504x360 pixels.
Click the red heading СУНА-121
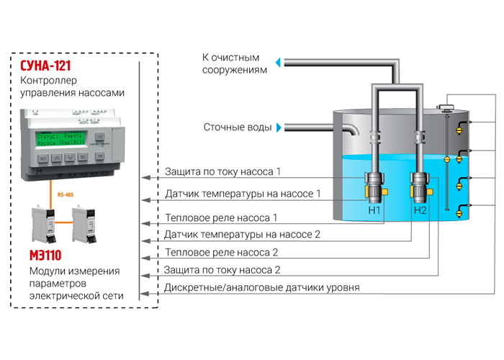point(50,66)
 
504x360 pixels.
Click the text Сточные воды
point(238,128)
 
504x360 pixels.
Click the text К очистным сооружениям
point(235,63)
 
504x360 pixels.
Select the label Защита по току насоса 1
point(222,172)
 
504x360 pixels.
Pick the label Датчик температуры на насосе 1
point(243,194)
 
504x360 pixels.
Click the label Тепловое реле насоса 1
point(221,217)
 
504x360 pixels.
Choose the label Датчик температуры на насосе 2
point(243,234)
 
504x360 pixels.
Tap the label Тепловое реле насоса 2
point(221,253)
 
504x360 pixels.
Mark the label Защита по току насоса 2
point(222,270)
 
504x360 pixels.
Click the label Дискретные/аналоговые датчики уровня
point(262,287)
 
